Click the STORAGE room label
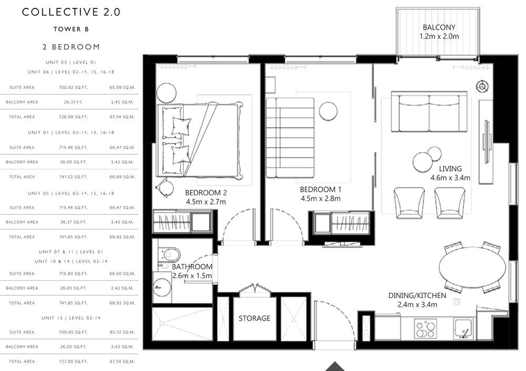pos(254,318)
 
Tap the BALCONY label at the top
pos(439,27)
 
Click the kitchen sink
pos(463,328)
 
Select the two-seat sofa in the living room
pos(429,111)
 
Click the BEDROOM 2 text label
pos(206,193)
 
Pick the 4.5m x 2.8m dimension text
pos(320,199)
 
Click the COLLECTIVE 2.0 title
pos(71,12)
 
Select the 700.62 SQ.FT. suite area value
pos(73,87)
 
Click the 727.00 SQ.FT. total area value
pos(73,362)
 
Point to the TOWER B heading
pos(71,29)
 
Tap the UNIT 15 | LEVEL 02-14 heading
pos(71,318)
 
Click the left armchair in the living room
pos(409,203)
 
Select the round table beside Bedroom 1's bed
pos(328,111)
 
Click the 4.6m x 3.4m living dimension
pos(450,178)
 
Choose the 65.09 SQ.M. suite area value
pos(122,87)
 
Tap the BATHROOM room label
pos(192,267)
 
